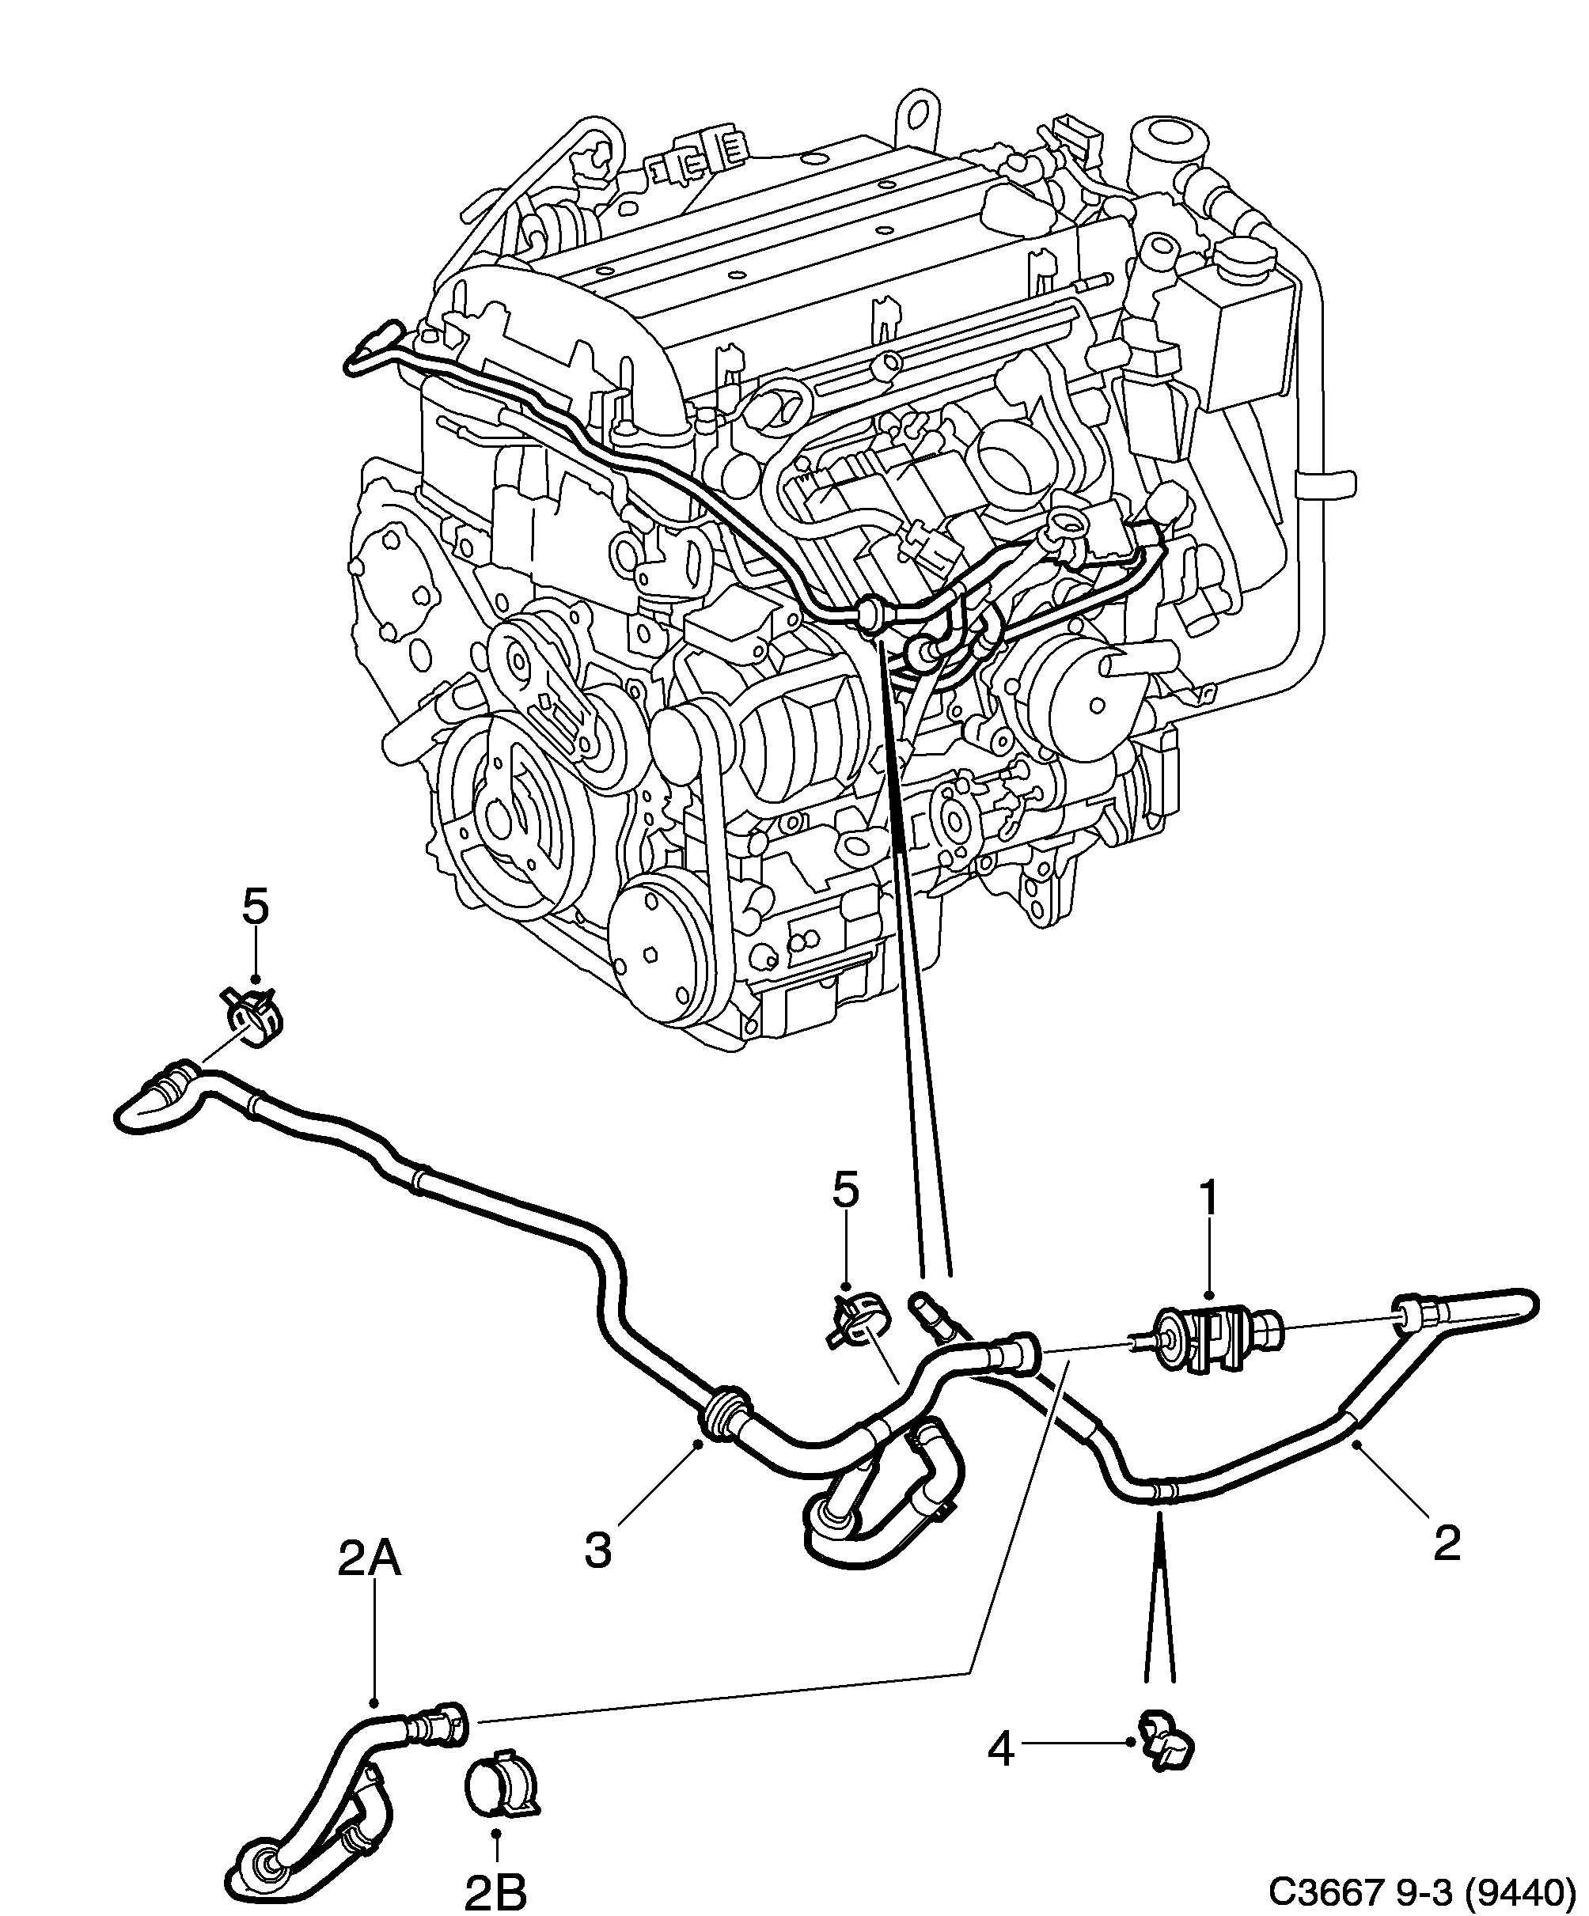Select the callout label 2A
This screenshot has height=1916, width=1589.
click(x=369, y=1584)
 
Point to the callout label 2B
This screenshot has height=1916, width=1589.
click(x=495, y=1890)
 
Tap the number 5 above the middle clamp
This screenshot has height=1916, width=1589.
click(x=845, y=1191)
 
